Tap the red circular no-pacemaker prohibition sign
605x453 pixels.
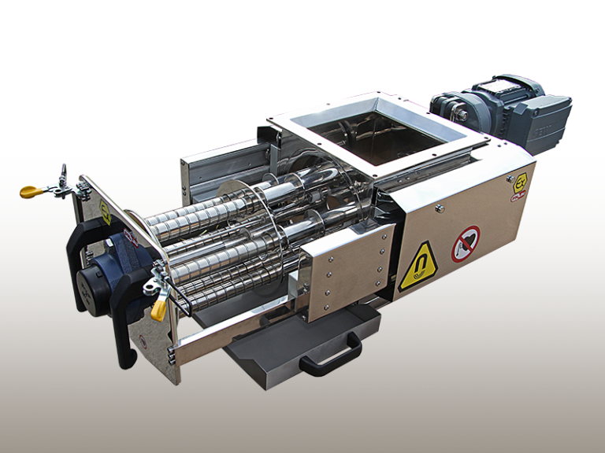tap(465, 243)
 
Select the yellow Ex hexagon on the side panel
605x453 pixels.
tap(521, 180)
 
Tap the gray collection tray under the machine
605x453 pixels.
tap(276, 346)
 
